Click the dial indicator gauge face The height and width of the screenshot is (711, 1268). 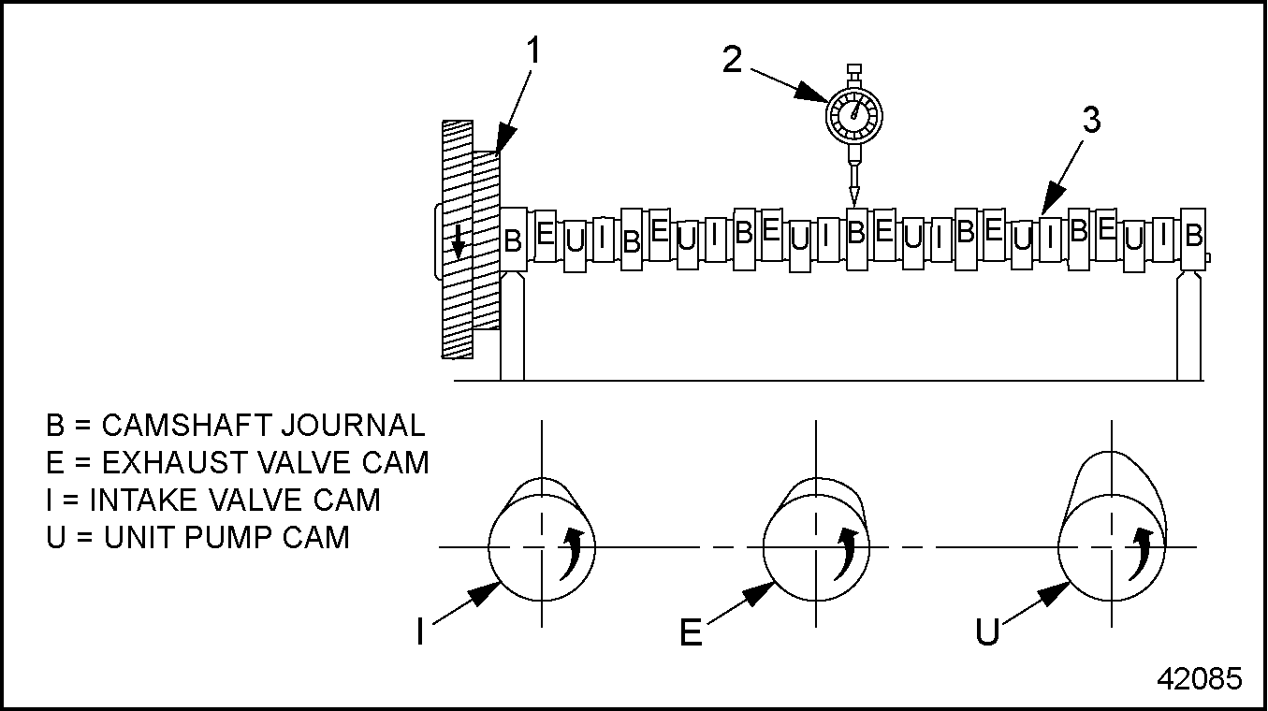tap(853, 113)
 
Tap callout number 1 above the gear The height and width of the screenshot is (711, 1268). tap(533, 51)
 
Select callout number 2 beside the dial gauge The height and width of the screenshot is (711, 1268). tap(733, 59)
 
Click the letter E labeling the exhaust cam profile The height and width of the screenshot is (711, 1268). tap(691, 633)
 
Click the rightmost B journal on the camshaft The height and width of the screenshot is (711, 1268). tap(1193, 236)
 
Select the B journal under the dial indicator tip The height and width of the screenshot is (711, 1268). tap(855, 232)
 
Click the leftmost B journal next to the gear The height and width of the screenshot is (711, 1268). tap(513, 240)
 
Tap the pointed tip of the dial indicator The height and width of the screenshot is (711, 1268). tap(853, 198)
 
